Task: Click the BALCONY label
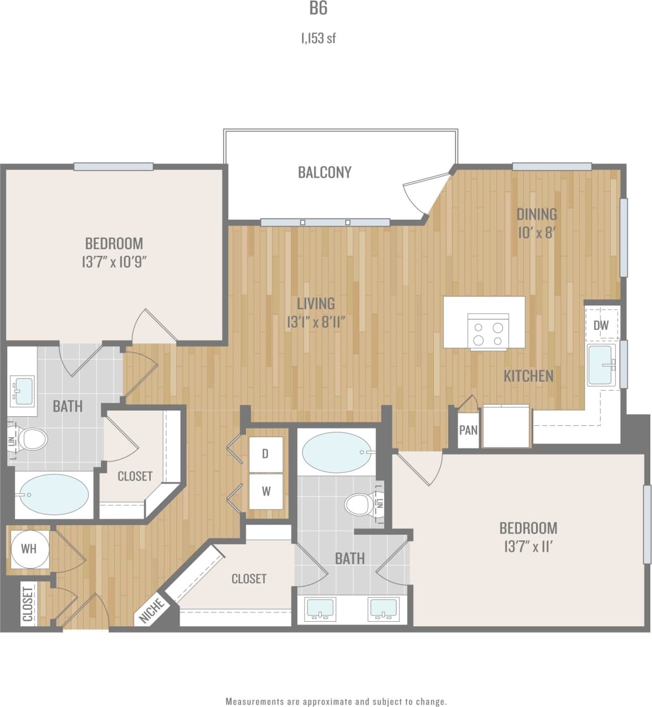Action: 324,172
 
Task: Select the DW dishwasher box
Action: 601,325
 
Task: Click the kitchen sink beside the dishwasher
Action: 601,365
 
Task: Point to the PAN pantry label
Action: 468,430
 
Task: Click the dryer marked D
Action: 266,454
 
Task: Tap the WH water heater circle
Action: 29,548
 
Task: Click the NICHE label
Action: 151,611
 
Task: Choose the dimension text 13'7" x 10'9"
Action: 114,262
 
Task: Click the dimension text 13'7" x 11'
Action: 528,547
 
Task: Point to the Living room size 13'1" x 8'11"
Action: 316,322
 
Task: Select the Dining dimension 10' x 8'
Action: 536,233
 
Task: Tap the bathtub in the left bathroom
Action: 54,495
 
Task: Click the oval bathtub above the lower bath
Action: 337,452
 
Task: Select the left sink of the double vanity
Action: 320,609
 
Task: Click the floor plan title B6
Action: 318,8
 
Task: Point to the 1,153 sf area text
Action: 319,38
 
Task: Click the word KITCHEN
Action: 528,376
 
